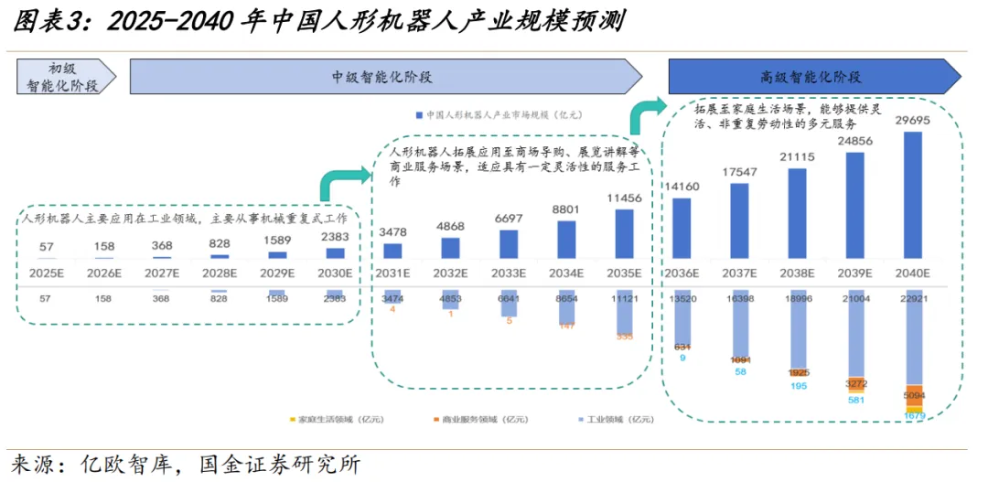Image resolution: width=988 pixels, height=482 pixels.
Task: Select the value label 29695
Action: click(911, 121)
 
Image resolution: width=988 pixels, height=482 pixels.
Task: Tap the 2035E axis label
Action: click(625, 273)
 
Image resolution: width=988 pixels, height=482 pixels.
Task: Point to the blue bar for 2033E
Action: click(510, 244)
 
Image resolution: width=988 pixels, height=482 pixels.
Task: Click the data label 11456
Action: click(625, 198)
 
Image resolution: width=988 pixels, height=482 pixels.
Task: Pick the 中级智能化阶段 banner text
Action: click(381, 77)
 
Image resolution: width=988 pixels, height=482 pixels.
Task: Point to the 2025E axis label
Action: click(47, 273)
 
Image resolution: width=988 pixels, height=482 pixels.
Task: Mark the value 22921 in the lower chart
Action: click(911, 298)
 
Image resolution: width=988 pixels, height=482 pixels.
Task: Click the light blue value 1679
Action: click(914, 416)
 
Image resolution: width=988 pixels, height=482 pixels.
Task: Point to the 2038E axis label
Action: click(797, 273)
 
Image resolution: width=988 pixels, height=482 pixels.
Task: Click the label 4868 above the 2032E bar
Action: click(451, 226)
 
